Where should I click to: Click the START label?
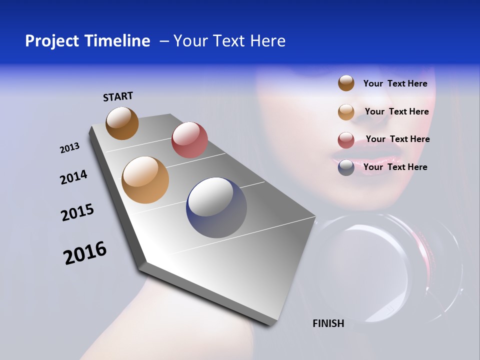pyautogui.click(x=118, y=96)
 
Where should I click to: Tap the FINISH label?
pyautogui.click(x=328, y=323)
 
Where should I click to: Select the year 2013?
pyautogui.click(x=69, y=148)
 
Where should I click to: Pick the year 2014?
pyautogui.click(x=73, y=177)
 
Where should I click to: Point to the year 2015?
pyautogui.click(x=77, y=212)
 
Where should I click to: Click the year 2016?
pyautogui.click(x=85, y=253)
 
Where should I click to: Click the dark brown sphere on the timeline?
pyautogui.click(x=122, y=123)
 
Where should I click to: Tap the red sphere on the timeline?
pyautogui.click(x=189, y=139)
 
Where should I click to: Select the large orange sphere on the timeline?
pyautogui.click(x=145, y=180)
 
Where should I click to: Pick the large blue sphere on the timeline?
pyautogui.click(x=216, y=207)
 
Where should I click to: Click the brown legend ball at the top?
pyautogui.click(x=346, y=83)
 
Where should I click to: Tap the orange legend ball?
pyautogui.click(x=346, y=112)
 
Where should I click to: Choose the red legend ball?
pyautogui.click(x=346, y=140)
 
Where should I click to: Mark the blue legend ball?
pyautogui.click(x=346, y=167)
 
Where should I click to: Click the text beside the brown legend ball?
pyautogui.click(x=395, y=83)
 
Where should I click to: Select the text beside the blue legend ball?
pyautogui.click(x=395, y=167)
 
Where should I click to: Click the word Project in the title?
pyautogui.click(x=53, y=41)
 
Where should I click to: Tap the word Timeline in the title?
pyautogui.click(x=120, y=41)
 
